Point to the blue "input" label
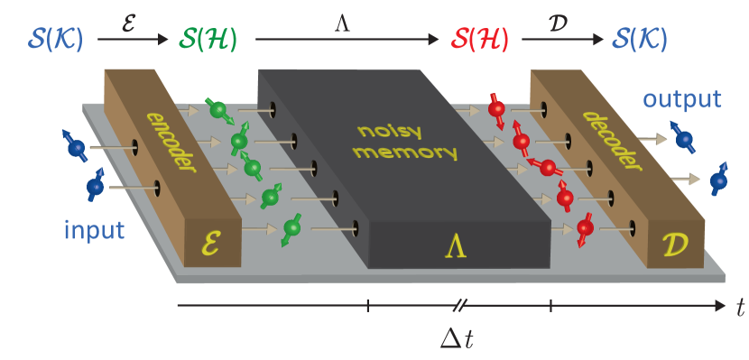pyautogui.click(x=94, y=230)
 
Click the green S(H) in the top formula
pyautogui.click(x=211, y=39)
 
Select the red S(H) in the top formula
pyautogui.click(x=480, y=39)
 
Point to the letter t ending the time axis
pyautogui.click(x=740, y=308)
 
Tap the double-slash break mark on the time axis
pyautogui.click(x=458, y=307)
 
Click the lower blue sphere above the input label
pyautogui.click(x=96, y=187)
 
